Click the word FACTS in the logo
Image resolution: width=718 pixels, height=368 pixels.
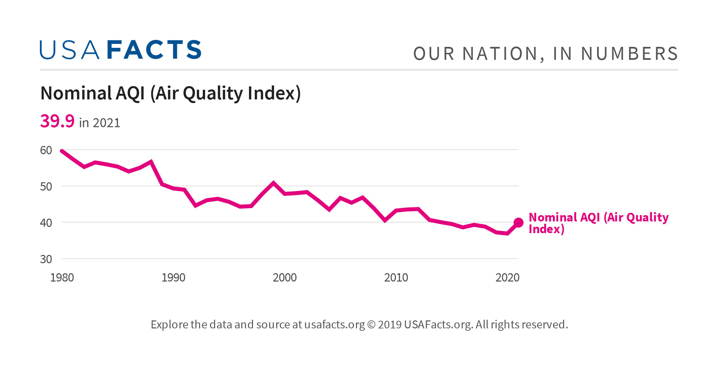pyautogui.click(x=154, y=50)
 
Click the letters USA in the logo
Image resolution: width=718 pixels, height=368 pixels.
pyautogui.click(x=69, y=50)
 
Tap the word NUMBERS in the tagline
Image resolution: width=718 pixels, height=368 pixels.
pyautogui.click(x=629, y=54)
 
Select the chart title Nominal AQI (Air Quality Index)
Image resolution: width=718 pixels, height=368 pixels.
pyautogui.click(x=171, y=93)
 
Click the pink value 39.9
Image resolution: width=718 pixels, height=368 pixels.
pyautogui.click(x=57, y=121)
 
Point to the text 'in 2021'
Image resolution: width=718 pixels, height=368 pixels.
pyautogui.click(x=99, y=123)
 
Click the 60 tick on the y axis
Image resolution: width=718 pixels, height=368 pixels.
pyautogui.click(x=46, y=150)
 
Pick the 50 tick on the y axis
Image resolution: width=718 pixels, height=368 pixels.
pyautogui.click(x=46, y=186)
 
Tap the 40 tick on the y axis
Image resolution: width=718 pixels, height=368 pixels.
pyautogui.click(x=46, y=223)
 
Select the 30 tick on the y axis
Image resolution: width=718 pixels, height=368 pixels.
pyautogui.click(x=46, y=259)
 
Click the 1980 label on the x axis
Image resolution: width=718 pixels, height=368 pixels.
pyautogui.click(x=62, y=278)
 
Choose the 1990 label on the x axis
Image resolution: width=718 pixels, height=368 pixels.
pyautogui.click(x=173, y=278)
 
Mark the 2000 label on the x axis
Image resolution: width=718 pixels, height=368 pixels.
pyautogui.click(x=285, y=278)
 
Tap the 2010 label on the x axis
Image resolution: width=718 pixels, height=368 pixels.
pyautogui.click(x=396, y=278)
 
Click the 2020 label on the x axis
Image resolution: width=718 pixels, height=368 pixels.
pyautogui.click(x=507, y=278)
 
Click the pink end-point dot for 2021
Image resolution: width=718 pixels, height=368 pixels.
pyautogui.click(x=518, y=223)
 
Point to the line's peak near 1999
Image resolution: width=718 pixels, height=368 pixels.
pyautogui.click(x=273, y=183)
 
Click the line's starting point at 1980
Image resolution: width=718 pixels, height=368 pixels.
pyautogui.click(x=62, y=151)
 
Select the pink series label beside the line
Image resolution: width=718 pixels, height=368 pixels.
pyautogui.click(x=598, y=223)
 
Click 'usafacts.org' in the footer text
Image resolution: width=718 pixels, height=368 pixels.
pyautogui.click(x=334, y=324)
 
